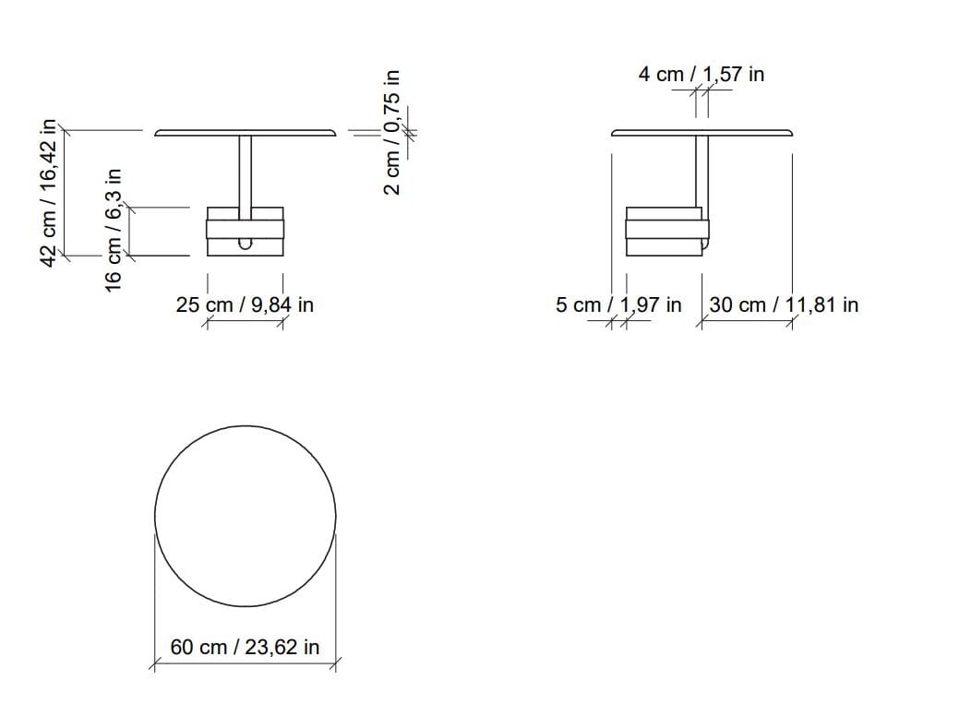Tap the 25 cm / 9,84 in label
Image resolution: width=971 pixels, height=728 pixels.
point(245,304)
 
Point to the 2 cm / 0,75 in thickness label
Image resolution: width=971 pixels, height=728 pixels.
point(392,132)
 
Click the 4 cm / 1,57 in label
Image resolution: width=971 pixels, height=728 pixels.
point(701,74)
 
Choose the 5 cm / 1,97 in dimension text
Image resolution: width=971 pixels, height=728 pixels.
point(618,304)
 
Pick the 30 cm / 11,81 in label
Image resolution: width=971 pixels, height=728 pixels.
point(784,304)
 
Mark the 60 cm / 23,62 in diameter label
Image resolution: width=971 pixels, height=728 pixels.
point(245,647)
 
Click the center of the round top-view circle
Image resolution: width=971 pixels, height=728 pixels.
point(245,516)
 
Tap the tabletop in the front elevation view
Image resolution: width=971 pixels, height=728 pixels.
point(245,133)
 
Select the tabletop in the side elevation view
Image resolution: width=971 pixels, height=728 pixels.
point(701,133)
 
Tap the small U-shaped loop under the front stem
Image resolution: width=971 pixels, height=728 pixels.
point(246,244)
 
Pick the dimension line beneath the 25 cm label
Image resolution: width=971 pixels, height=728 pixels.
point(245,322)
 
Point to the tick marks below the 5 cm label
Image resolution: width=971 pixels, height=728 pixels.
point(618,322)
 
